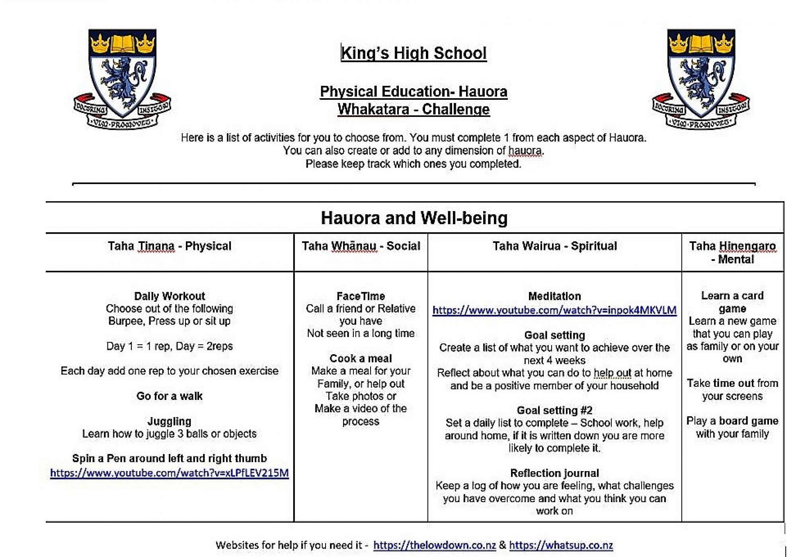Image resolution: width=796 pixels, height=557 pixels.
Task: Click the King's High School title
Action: point(414,53)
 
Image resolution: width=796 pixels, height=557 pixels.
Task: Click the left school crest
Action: point(122,78)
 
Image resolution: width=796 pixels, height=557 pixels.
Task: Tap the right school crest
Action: point(701,78)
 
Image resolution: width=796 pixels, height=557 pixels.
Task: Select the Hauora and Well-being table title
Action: point(414,218)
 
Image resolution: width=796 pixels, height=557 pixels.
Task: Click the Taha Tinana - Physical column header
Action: point(170,246)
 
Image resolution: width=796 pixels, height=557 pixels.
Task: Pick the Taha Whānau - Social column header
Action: point(361,246)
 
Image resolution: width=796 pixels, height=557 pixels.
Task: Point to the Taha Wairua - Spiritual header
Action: point(554,246)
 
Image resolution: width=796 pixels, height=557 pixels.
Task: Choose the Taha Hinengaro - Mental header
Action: point(732,252)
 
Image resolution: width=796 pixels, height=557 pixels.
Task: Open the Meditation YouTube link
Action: point(554,310)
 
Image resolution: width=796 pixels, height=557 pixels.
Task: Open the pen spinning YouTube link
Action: point(170,473)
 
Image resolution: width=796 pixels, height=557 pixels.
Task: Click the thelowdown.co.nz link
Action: point(435,545)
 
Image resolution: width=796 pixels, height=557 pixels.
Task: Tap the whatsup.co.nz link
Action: point(561,545)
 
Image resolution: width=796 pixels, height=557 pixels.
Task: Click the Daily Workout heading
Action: point(170,296)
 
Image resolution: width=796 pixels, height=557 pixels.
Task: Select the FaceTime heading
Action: point(361,296)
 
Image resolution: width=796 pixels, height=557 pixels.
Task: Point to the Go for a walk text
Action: point(170,396)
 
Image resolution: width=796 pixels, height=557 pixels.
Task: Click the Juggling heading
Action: point(170,421)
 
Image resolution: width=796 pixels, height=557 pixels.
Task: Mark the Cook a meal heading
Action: point(361,358)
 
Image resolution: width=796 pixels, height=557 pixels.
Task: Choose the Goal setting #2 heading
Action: point(554,410)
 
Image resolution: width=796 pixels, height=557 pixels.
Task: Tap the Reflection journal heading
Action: point(554,473)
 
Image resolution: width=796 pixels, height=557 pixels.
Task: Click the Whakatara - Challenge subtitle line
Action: point(414,109)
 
